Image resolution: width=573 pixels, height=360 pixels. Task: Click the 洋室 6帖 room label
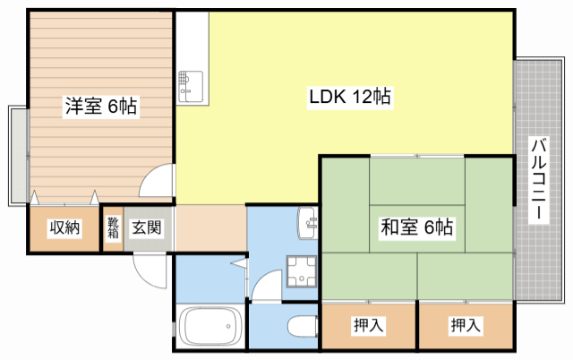click(x=100, y=107)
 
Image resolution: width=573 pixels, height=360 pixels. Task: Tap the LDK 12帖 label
click(x=349, y=97)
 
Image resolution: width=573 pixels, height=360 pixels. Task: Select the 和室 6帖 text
click(x=417, y=227)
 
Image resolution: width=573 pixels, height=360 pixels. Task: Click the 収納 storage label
click(x=64, y=228)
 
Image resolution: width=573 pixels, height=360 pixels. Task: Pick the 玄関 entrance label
click(x=148, y=228)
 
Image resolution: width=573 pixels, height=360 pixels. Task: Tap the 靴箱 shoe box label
click(x=114, y=228)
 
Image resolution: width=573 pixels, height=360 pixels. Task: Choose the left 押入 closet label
click(x=369, y=326)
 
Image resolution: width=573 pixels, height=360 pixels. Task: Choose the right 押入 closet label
click(x=466, y=326)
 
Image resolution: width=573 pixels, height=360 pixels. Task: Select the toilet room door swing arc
click(x=266, y=287)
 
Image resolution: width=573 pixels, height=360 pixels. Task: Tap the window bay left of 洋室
click(x=18, y=154)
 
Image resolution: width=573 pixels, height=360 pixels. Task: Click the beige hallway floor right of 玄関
click(x=210, y=228)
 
